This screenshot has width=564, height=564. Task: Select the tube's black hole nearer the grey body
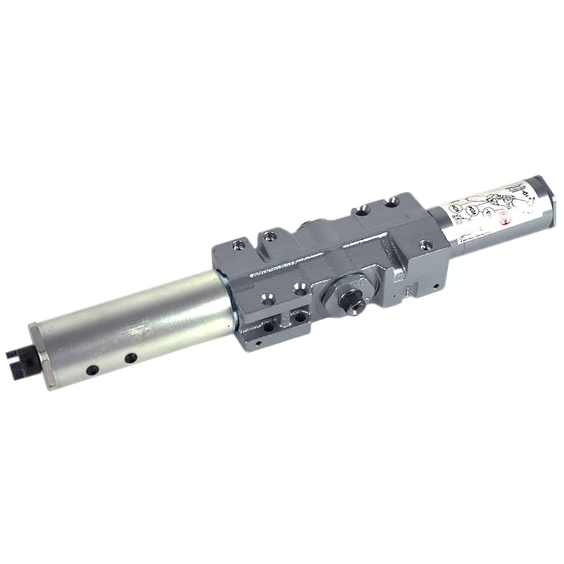coord(130,357)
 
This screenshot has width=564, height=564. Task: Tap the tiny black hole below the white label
coord(435,287)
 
